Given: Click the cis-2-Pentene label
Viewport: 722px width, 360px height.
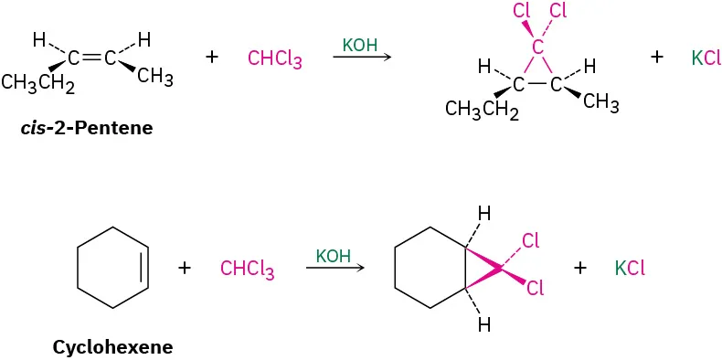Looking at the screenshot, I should pyautogui.click(x=87, y=128).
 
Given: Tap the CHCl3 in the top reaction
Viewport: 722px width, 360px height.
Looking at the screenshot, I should pyautogui.click(x=274, y=60).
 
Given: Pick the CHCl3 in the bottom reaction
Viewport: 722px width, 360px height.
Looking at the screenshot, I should pyautogui.click(x=247, y=270).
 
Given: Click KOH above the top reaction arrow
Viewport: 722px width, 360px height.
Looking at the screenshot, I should pyautogui.click(x=361, y=45).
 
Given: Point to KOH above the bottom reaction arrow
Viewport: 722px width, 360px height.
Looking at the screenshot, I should pyautogui.click(x=334, y=255).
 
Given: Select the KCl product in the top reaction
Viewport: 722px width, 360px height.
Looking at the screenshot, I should pyautogui.click(x=706, y=58).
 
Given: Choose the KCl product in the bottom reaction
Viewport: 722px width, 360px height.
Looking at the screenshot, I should pyautogui.click(x=631, y=269).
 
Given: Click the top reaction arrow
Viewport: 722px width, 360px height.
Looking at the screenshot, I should pyautogui.click(x=362, y=58).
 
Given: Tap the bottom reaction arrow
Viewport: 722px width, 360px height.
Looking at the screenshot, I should pyautogui.click(x=335, y=268).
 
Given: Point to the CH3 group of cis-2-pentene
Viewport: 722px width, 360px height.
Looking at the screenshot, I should pyautogui.click(x=155, y=78).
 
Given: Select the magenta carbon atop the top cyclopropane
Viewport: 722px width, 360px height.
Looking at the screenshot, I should pyautogui.click(x=537, y=48).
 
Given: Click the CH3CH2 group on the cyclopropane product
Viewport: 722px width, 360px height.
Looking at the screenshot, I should pyautogui.click(x=482, y=111).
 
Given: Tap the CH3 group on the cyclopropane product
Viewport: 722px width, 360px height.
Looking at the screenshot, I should pyautogui.click(x=600, y=102).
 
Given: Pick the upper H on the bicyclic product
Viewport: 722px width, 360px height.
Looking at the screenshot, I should pyautogui.click(x=483, y=214).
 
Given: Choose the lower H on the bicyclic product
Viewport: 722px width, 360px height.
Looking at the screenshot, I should pyautogui.click(x=483, y=324).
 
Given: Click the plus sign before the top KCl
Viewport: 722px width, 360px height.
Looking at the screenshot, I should pyautogui.click(x=656, y=57).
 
